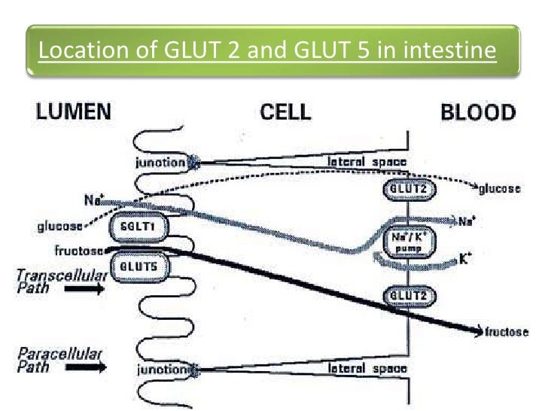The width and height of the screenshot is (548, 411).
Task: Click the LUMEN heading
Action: [x=73, y=113]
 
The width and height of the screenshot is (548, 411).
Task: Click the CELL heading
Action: [x=285, y=113]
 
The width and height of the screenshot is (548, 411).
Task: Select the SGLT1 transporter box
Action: [x=138, y=226]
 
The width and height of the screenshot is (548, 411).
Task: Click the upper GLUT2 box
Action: [x=407, y=190]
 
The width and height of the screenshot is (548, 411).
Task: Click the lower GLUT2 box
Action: [x=407, y=295]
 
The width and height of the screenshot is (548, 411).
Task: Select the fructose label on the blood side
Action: [x=507, y=331]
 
